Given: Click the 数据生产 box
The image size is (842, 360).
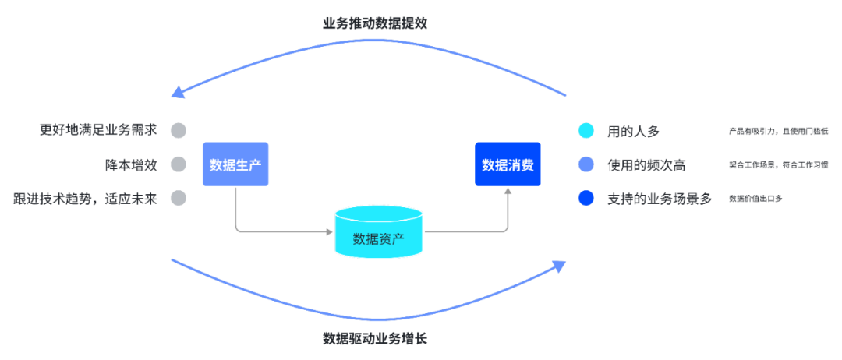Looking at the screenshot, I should coord(235,164).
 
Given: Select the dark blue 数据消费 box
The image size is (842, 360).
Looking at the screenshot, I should coord(508,164).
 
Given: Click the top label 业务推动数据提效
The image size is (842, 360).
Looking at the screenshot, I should coord(375,24).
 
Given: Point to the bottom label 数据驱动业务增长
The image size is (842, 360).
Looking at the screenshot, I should coord(375,339).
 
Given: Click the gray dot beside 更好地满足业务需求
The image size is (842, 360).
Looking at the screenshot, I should coord(179,130).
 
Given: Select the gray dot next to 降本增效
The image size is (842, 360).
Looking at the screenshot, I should coord(179,164).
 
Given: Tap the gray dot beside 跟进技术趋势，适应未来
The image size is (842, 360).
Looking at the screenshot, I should coord(179,199).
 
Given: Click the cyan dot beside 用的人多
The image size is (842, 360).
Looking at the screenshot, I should coord(586,130).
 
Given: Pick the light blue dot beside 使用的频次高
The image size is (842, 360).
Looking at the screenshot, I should coord(586,164).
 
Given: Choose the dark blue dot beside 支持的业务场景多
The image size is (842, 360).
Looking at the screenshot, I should coord(586,199).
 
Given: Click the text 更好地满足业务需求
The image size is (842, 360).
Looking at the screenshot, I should coord(98,130).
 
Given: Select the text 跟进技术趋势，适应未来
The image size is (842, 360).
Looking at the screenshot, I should coord(85,199).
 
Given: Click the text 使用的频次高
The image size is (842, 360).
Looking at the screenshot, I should coord(646,164).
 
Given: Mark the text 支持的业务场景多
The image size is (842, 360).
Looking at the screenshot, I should coord(659,199).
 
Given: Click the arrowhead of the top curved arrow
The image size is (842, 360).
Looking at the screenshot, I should coord(178,92).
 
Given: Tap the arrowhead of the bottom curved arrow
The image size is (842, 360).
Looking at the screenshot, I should coord(558,266).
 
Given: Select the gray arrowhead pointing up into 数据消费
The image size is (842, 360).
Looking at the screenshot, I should coord(508,192).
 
